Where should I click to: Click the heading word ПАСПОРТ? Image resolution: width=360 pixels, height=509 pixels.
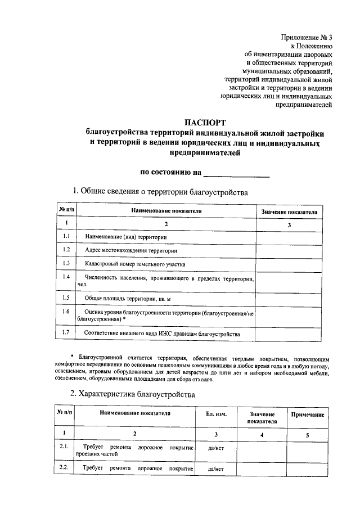point(205,122)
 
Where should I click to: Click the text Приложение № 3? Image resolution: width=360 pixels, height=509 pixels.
point(307,38)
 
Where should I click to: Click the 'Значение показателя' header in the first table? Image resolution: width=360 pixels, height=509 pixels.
point(289,212)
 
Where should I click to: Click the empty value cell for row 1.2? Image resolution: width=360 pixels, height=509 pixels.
point(289,250)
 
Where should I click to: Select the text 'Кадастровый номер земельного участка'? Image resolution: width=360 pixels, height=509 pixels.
point(135,263)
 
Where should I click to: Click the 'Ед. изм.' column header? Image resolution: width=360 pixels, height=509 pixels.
point(217,413)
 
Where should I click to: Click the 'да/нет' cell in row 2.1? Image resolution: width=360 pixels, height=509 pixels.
point(216,448)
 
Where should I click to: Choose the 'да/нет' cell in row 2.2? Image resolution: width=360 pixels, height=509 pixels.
point(216,468)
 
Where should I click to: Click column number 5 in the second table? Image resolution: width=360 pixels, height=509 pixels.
point(307,434)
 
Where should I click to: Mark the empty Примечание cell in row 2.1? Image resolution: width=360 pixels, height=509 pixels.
point(307,451)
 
